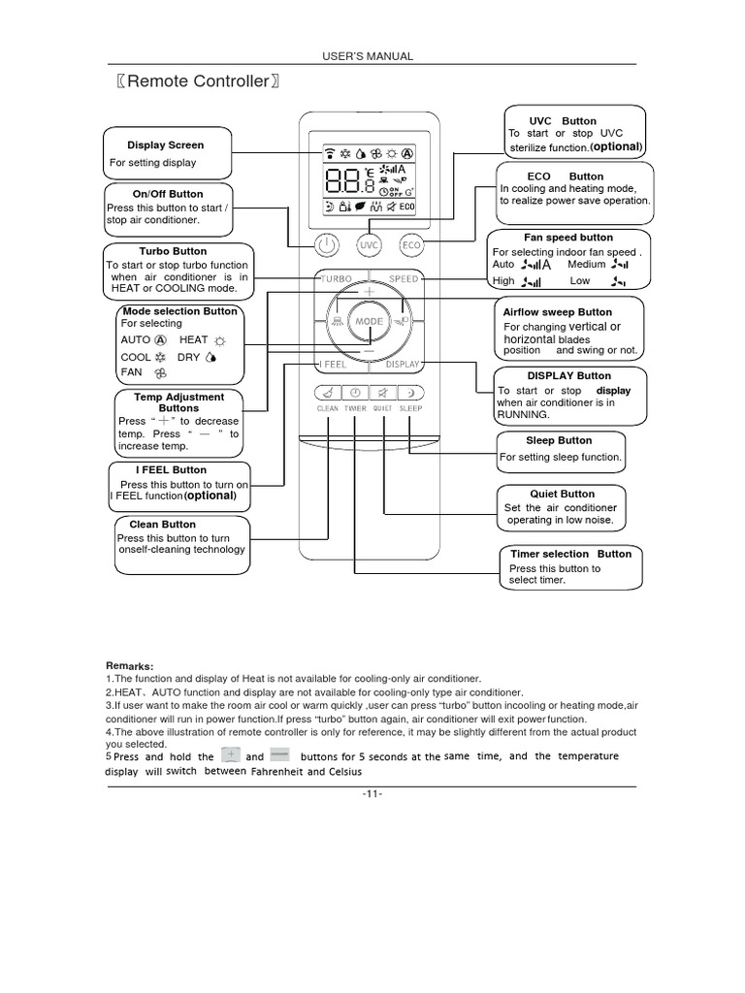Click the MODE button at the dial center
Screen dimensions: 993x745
(x=370, y=320)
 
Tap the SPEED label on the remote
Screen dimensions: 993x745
(x=404, y=278)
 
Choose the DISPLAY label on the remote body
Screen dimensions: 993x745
(x=403, y=365)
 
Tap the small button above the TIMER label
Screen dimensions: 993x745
(x=355, y=393)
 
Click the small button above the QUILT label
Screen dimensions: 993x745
(x=383, y=393)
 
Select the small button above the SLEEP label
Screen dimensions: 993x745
(x=410, y=393)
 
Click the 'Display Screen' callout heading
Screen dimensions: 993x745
(x=166, y=145)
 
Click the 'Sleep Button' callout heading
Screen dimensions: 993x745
(x=560, y=440)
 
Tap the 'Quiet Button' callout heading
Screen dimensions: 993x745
(x=563, y=494)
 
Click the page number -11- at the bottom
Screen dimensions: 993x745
(x=372, y=794)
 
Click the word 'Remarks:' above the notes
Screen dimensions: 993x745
(x=129, y=666)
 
